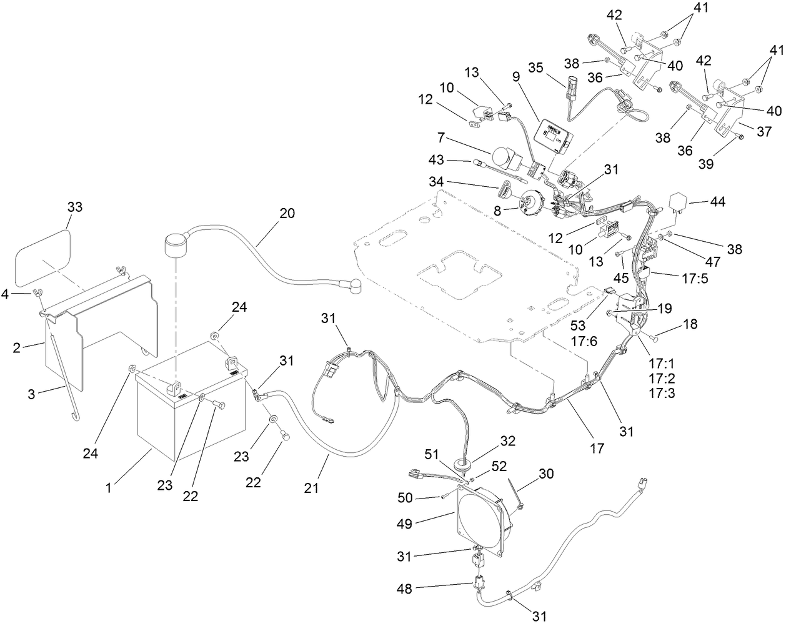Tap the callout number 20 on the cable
pos(287,212)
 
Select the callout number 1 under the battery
pos(109,487)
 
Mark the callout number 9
pos(516,78)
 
